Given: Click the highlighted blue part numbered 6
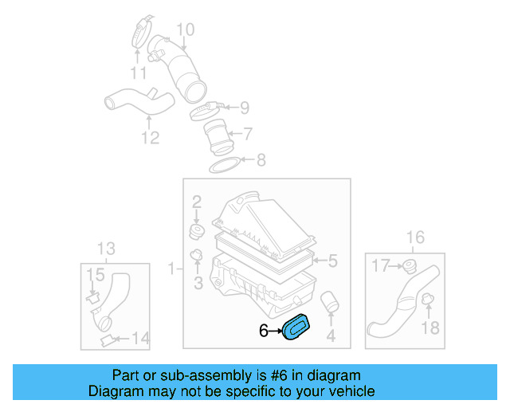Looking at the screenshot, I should point(297,328).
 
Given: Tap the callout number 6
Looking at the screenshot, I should point(263,330).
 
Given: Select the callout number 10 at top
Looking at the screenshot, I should point(185,31).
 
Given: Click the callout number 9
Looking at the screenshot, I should point(245,108).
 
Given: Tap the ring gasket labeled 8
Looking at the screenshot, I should point(226,165).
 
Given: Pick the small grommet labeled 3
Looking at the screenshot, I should point(197,257).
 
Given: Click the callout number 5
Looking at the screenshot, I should point(333,260).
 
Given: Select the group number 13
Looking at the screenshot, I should point(106,247).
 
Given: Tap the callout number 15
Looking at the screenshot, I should point(95,274).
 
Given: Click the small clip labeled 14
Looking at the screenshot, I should point(105,340).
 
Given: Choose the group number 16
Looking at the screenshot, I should point(415,237).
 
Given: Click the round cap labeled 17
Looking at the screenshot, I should point(410,265).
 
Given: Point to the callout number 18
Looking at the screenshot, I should point(430,328).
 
